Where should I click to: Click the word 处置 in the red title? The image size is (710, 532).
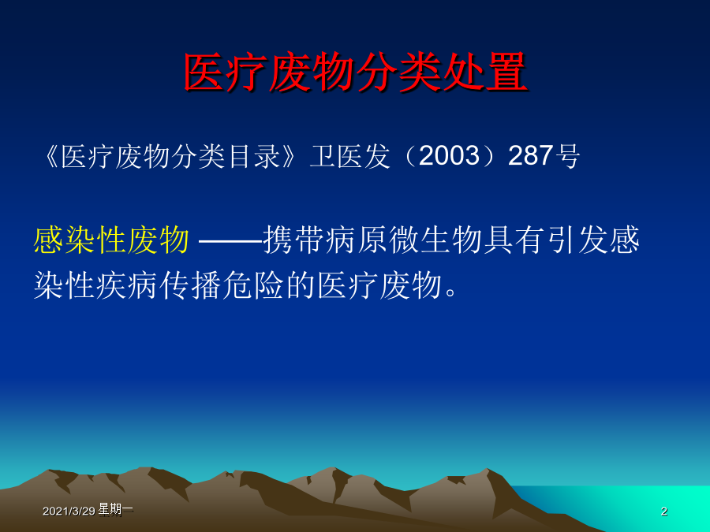click(x=485, y=73)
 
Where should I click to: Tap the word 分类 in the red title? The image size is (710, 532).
click(x=399, y=73)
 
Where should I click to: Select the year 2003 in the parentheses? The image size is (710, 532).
click(x=449, y=155)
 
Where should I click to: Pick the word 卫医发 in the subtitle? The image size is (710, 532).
click(x=349, y=156)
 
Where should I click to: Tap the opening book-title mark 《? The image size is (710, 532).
click(x=51, y=156)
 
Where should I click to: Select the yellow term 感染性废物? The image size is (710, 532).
click(x=111, y=240)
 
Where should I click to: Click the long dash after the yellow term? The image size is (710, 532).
click(x=230, y=240)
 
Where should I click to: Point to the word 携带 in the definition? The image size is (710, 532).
click(x=294, y=240)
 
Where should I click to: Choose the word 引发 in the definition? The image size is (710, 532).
click(x=577, y=240)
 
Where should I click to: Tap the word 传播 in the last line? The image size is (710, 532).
click(x=191, y=285)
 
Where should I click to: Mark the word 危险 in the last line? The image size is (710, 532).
click(x=254, y=285)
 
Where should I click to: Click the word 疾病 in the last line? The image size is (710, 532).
click(x=128, y=285)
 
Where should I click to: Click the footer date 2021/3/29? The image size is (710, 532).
click(x=69, y=512)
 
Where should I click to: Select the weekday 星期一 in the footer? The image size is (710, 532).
click(x=115, y=509)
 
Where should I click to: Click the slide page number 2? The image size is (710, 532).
click(x=663, y=512)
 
